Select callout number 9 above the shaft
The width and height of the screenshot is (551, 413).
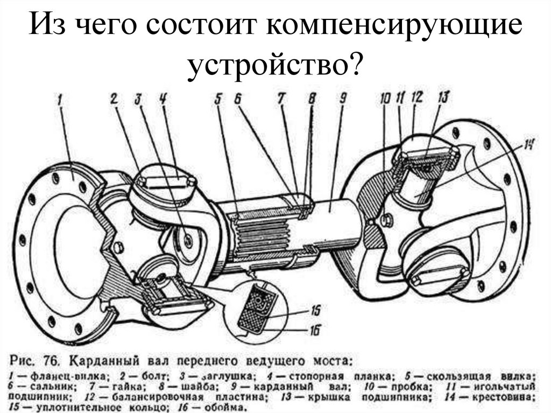[x=342, y=98]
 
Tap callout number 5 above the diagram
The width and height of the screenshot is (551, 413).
[x=218, y=99]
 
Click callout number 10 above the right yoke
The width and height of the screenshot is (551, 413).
[x=384, y=99]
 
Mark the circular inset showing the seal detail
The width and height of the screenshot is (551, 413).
[x=258, y=310]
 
